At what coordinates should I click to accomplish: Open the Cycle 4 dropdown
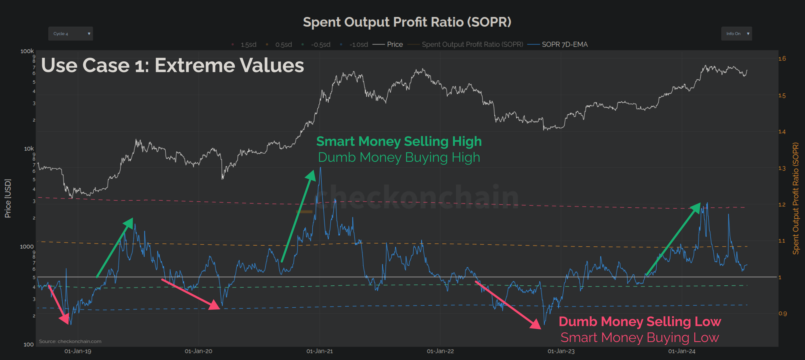pyautogui.click(x=70, y=34)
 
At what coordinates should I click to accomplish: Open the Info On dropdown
pyautogui.click(x=736, y=34)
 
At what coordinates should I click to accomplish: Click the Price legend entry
pyautogui.click(x=394, y=44)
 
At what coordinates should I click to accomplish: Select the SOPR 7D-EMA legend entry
pyautogui.click(x=564, y=44)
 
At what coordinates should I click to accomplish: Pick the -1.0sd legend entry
pyautogui.click(x=358, y=45)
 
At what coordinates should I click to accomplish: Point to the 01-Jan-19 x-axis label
pyautogui.click(x=78, y=351)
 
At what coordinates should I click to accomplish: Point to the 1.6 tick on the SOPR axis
pyautogui.click(x=782, y=59)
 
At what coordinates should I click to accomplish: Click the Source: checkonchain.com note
pyautogui.click(x=70, y=341)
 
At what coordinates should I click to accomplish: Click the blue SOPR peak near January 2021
pyautogui.click(x=320, y=169)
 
